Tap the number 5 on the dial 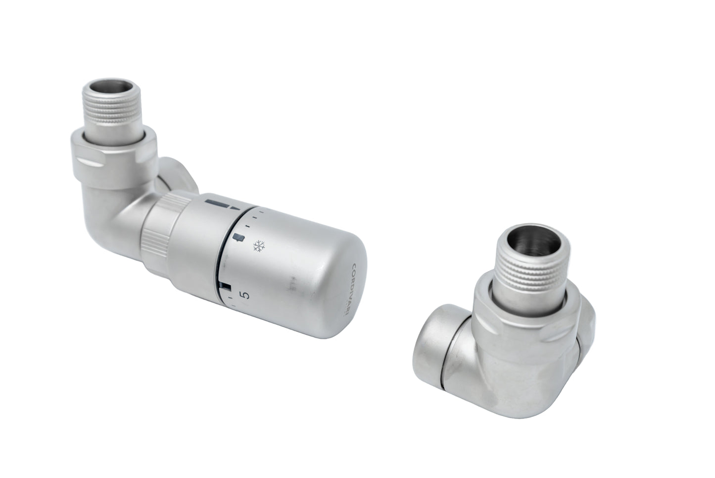(244, 296)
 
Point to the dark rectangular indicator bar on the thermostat (216, 203)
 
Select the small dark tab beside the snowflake (239, 238)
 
